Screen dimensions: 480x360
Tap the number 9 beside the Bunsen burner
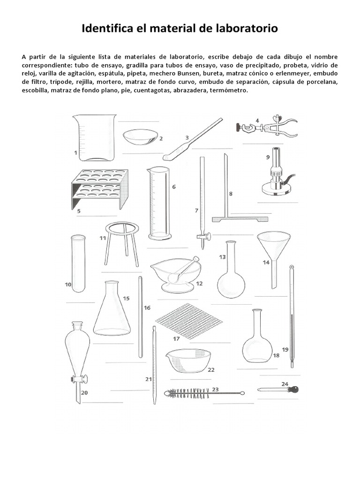[268, 157]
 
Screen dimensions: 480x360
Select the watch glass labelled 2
[140, 136]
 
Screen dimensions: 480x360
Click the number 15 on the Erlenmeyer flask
[126, 298]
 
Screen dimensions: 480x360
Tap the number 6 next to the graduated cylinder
[173, 187]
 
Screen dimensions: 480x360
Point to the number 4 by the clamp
[257, 120]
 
